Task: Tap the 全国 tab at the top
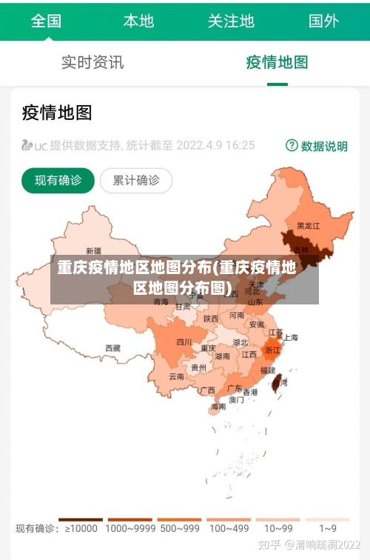(x=46, y=21)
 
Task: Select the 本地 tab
(x=138, y=21)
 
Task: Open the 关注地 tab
(x=231, y=21)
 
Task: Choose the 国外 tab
(x=323, y=21)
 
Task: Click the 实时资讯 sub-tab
(x=92, y=62)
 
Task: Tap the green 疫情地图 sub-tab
(x=277, y=62)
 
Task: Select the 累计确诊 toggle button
(x=135, y=180)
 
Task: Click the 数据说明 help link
(x=317, y=146)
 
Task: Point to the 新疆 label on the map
(x=94, y=250)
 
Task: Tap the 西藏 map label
(x=112, y=347)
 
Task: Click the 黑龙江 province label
(x=308, y=225)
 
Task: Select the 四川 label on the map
(x=184, y=342)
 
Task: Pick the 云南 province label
(x=177, y=376)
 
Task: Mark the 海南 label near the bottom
(x=218, y=407)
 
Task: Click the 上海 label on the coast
(x=291, y=337)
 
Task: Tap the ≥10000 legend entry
(x=81, y=528)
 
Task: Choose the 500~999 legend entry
(x=179, y=528)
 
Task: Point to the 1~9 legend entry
(x=327, y=528)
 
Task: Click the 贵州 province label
(x=199, y=367)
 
